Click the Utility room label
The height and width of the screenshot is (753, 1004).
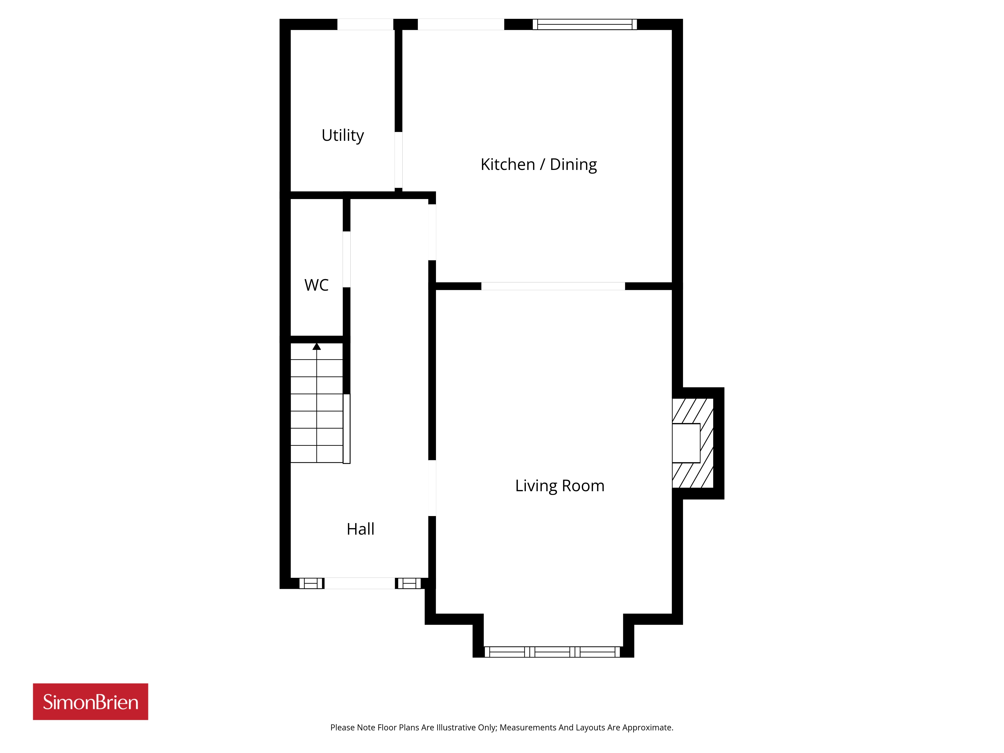pyautogui.click(x=343, y=135)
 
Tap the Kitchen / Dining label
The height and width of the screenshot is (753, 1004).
pyautogui.click(x=539, y=164)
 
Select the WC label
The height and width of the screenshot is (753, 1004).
pyautogui.click(x=316, y=285)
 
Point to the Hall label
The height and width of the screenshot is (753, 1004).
pyautogui.click(x=360, y=529)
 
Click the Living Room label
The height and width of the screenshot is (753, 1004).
pyautogui.click(x=560, y=486)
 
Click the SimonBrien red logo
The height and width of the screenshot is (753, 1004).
pyautogui.click(x=90, y=702)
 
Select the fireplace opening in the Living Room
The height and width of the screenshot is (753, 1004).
pyautogui.click(x=686, y=443)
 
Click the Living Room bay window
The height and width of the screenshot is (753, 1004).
pyautogui.click(x=552, y=652)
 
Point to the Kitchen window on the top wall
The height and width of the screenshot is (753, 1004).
pyautogui.click(x=585, y=25)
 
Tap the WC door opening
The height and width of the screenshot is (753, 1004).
pyautogui.click(x=346, y=259)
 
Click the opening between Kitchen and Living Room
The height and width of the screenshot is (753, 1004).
pyautogui.click(x=553, y=286)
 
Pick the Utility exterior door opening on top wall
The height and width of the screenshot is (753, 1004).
pyautogui.click(x=365, y=25)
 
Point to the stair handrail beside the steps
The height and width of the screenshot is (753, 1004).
pyautogui.click(x=346, y=428)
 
